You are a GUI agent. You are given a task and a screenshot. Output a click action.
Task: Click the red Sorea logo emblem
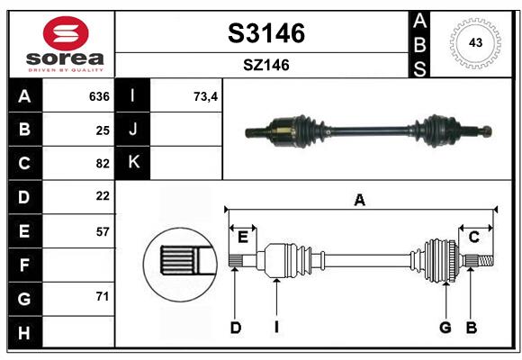62,33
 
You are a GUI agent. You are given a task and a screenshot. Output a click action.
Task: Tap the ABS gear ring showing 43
473,42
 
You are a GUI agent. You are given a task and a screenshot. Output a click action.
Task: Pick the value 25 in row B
102,130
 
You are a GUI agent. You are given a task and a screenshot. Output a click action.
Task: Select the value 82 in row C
102,163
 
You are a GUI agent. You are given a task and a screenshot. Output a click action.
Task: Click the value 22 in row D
102,196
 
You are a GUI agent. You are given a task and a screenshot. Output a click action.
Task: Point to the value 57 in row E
102,231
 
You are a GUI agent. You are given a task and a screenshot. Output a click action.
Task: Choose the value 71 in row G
102,296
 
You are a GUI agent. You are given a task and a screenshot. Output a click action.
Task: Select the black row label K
133,163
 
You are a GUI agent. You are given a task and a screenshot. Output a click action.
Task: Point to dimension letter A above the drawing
359,200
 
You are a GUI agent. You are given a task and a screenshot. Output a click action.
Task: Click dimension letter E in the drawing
242,237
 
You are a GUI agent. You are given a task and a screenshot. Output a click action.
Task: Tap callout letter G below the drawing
445,328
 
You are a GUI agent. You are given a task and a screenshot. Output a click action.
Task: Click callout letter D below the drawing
235,328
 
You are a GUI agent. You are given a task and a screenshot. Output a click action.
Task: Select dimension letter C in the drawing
472,237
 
